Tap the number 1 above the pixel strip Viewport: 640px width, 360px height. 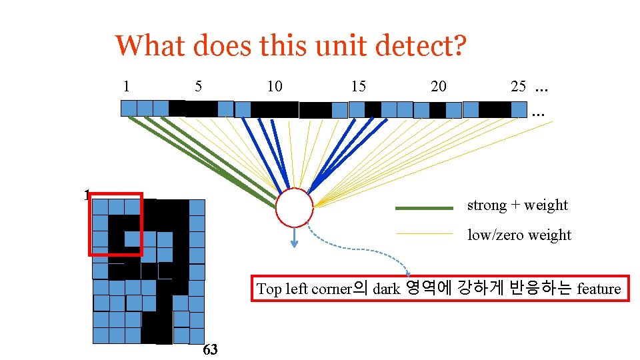[126, 86]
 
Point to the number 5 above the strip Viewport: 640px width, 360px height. [198, 86]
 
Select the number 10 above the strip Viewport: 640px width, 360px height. [274, 86]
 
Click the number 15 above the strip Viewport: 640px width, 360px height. [358, 86]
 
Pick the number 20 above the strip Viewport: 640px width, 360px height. [439, 86]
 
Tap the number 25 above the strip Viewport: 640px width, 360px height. [518, 86]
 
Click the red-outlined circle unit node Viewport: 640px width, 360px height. [294, 208]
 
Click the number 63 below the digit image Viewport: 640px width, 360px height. [209, 350]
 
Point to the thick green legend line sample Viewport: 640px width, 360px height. [424, 208]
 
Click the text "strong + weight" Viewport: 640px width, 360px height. [517, 205]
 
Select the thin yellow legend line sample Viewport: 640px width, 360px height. [424, 234]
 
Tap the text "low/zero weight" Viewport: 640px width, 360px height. [519, 235]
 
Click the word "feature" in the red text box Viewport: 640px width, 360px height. [599, 289]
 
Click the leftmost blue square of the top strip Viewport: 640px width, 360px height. [129, 108]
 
